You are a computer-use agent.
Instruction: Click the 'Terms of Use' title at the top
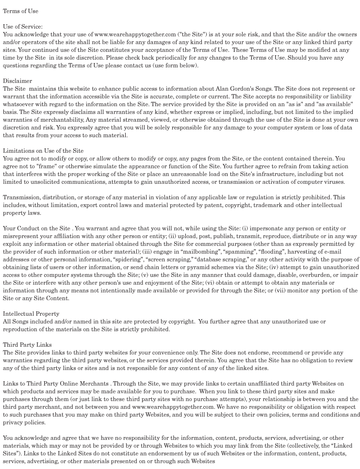click(x=20, y=11)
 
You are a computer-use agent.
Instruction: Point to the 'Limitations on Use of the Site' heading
click(x=43, y=151)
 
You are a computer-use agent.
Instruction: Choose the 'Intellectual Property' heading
click(x=31, y=314)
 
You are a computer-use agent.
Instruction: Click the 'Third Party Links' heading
click(x=27, y=345)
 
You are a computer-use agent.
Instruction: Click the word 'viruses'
click(x=332, y=182)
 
